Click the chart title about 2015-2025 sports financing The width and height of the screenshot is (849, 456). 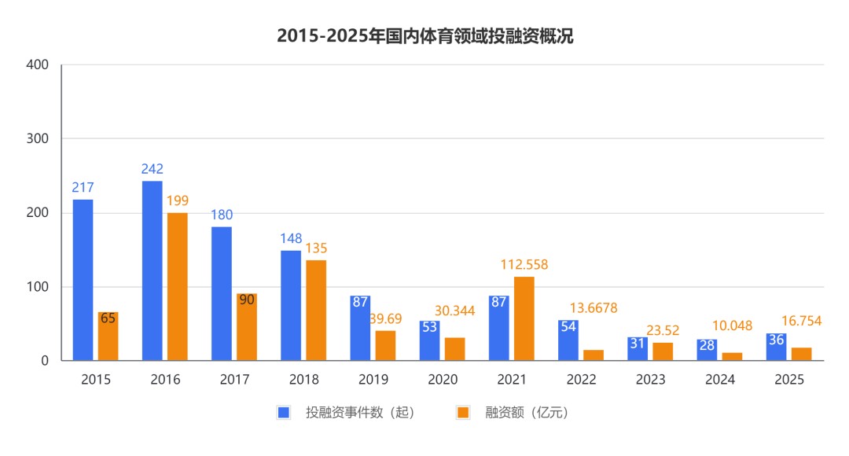pos(424,36)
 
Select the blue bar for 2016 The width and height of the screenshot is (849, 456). pos(152,270)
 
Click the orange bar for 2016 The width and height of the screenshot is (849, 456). pos(177,286)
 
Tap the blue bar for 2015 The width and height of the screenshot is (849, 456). pos(83,280)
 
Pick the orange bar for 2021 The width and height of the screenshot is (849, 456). pos(524,318)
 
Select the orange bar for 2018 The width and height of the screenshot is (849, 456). pos(316,311)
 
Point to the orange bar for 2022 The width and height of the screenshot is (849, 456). pos(594,355)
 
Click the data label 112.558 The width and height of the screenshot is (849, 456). pos(524,265)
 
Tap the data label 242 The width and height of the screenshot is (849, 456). pos(152,169)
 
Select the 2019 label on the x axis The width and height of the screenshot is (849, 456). pos(373,380)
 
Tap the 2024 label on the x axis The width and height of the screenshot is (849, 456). pos(720,380)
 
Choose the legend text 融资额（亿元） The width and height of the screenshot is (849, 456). pos(526,412)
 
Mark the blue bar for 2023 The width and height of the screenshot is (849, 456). pos(638,349)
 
